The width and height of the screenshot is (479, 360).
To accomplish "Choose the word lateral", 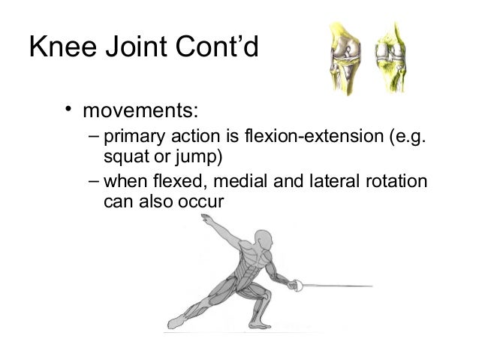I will pos(329,183).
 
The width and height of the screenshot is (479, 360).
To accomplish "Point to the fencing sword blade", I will pos(338,286).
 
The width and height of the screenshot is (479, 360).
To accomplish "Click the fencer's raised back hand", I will pos(205,219).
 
